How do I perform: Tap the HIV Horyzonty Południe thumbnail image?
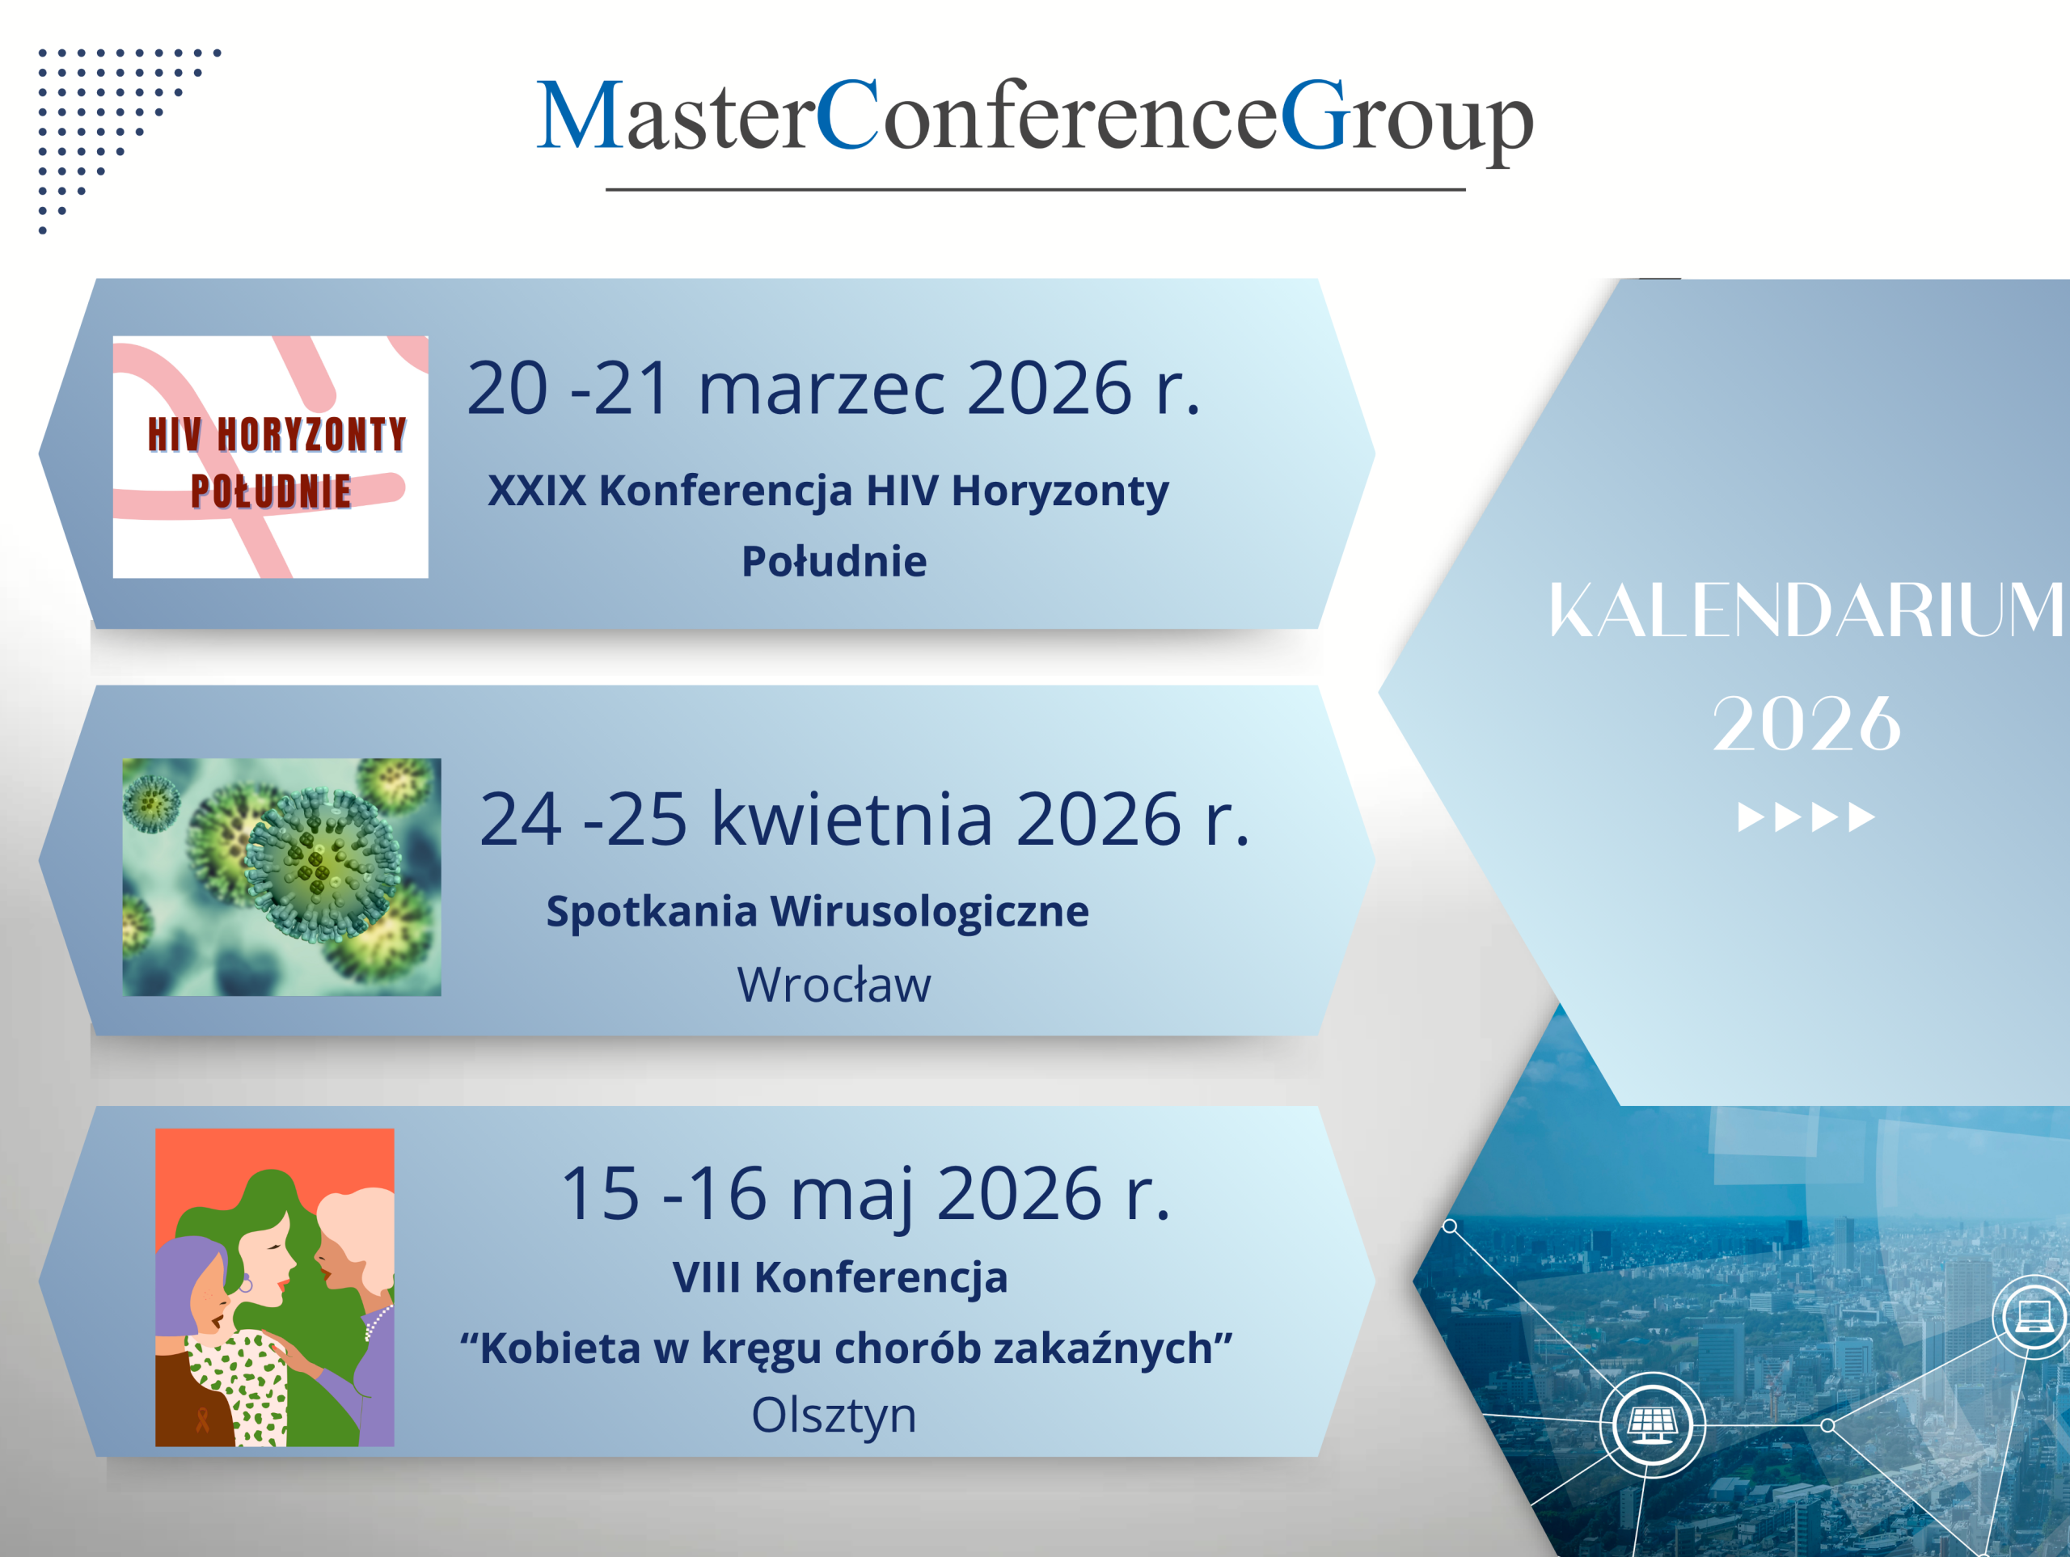[x=270, y=457]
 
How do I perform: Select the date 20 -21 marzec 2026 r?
[x=834, y=387]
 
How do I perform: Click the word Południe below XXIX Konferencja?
[x=834, y=561]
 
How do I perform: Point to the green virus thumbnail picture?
[x=281, y=877]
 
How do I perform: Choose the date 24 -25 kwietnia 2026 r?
[x=864, y=819]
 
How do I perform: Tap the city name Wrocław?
[x=834, y=985]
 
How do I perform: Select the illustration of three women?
[x=274, y=1288]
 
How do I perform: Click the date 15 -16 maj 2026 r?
[x=864, y=1194]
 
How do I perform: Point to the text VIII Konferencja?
[x=839, y=1277]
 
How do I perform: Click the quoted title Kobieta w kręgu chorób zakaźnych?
[x=846, y=1349]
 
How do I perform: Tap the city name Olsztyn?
[x=834, y=1416]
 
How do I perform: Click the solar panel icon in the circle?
[x=1652, y=1425]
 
